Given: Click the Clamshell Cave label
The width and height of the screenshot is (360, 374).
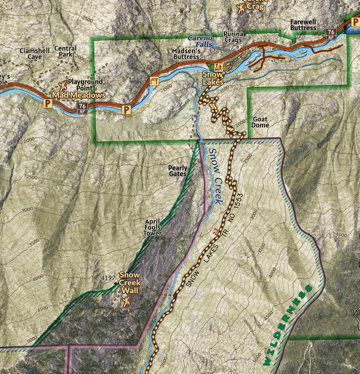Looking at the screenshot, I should point(30,54).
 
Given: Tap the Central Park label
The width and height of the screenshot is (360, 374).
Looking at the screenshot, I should point(65,52).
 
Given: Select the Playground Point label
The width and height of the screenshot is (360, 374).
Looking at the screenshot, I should point(85,85).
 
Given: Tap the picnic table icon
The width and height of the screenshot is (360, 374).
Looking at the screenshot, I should point(154,81).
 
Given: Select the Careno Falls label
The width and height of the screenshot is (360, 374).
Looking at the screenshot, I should point(200,41).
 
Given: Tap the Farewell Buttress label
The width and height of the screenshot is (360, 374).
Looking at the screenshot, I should point(303,25).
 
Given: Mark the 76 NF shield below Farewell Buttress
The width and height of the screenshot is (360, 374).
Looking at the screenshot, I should point(331,34).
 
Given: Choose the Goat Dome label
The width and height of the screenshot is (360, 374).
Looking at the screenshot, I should point(260,122).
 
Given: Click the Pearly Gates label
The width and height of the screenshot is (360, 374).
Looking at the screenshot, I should point(178,171).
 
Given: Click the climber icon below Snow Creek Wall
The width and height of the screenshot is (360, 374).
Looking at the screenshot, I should point(126,301).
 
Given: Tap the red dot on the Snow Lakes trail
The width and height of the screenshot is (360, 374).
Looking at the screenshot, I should point(175,296).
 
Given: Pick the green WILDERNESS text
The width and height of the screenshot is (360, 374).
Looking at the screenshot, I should point(287,325).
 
